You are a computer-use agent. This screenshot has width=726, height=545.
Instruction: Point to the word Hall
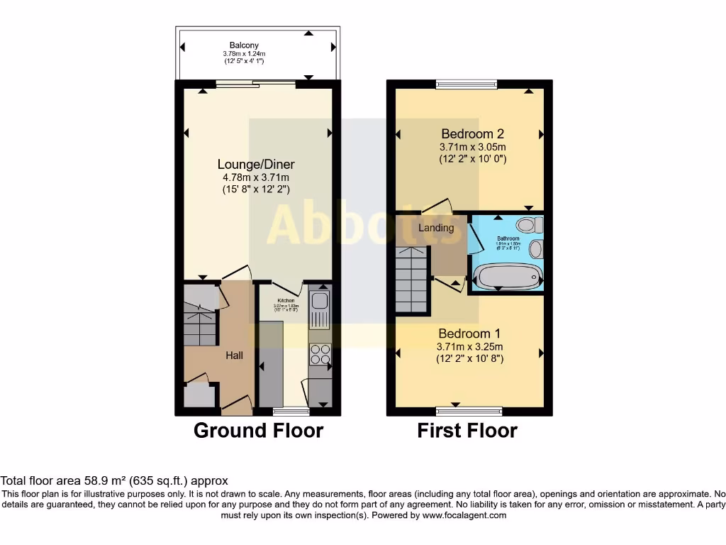click(235, 354)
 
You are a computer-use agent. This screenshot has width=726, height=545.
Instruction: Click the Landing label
click(436, 228)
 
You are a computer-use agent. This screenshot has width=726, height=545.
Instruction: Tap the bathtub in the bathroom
click(506, 276)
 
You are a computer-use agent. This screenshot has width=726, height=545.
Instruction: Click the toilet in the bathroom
click(528, 226)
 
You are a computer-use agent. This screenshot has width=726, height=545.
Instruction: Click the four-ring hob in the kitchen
click(320, 353)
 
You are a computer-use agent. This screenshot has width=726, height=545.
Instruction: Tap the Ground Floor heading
click(258, 431)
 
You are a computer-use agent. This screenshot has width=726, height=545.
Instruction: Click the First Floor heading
click(467, 431)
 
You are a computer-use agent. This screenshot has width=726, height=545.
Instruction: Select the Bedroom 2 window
click(467, 84)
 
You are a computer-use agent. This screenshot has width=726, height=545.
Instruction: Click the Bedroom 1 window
click(469, 411)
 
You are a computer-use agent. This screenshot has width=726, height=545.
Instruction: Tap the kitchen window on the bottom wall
click(291, 411)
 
